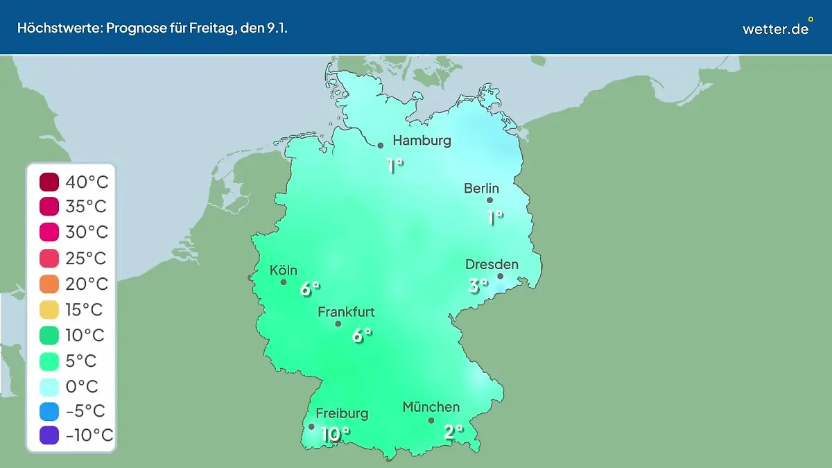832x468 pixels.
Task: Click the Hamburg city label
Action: [422, 141]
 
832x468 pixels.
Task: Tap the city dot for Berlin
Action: [489, 200]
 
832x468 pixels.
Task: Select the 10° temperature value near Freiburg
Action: [335, 435]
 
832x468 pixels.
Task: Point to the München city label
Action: [431, 407]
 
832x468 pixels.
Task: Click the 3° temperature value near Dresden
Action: [477, 285]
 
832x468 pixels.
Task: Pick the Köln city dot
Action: [284, 282]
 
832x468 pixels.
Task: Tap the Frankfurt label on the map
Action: [346, 313]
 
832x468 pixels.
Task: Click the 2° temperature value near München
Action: [453, 432]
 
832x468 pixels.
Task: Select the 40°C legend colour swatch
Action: [50, 182]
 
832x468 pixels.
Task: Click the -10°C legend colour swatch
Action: [50, 435]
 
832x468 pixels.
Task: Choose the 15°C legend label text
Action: [87, 309]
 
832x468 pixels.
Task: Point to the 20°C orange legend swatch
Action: [50, 284]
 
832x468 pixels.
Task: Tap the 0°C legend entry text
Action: [82, 386]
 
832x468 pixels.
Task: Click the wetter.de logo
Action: [776, 28]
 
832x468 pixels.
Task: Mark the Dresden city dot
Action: [500, 276]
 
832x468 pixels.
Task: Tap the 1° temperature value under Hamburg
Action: [395, 166]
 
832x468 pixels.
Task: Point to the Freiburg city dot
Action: [311, 426]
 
